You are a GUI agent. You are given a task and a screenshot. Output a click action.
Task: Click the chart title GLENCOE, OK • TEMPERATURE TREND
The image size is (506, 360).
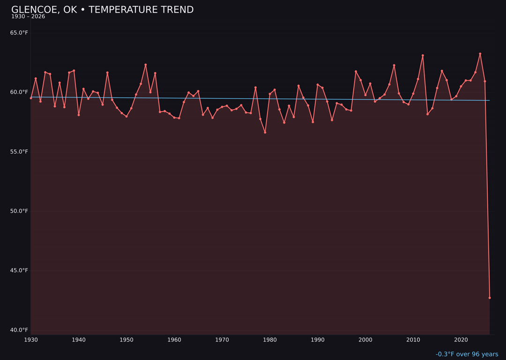[102, 10]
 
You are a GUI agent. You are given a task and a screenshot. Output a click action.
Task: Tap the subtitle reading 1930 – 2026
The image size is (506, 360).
[28, 16]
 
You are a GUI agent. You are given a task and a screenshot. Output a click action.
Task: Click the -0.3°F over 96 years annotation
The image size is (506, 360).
[467, 354]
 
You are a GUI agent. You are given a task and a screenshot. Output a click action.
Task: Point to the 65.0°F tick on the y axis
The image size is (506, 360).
[19, 33]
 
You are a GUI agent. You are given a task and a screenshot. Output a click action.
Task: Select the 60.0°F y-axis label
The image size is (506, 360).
[19, 92]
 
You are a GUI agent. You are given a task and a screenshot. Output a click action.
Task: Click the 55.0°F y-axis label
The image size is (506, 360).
[19, 152]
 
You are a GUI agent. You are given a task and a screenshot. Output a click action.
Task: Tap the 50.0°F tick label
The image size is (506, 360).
[19, 211]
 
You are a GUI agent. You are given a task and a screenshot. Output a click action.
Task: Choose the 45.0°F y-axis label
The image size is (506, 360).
[19, 270]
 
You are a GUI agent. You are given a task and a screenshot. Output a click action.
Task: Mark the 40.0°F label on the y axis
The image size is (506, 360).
[19, 330]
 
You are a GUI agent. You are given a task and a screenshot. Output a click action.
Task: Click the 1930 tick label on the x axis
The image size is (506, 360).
[31, 340]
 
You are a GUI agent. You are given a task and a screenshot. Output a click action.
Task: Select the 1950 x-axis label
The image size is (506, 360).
[126, 340]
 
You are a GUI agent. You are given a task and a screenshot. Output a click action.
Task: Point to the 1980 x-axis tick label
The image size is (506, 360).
[270, 340]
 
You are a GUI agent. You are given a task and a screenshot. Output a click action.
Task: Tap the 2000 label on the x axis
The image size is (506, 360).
[365, 340]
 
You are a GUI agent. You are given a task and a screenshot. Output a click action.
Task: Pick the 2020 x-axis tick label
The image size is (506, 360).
[461, 340]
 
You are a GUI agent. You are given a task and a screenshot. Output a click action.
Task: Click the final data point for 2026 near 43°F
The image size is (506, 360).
[490, 298]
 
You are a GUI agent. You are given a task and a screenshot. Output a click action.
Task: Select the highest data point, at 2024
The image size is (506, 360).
[480, 54]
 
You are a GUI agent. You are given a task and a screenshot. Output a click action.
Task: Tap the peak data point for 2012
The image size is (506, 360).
[423, 55]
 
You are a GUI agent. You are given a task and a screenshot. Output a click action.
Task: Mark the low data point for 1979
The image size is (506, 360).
[265, 132]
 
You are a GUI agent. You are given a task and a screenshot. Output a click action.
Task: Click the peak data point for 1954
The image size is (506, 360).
[145, 65]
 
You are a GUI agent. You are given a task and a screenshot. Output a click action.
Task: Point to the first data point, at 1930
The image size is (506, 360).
[31, 98]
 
